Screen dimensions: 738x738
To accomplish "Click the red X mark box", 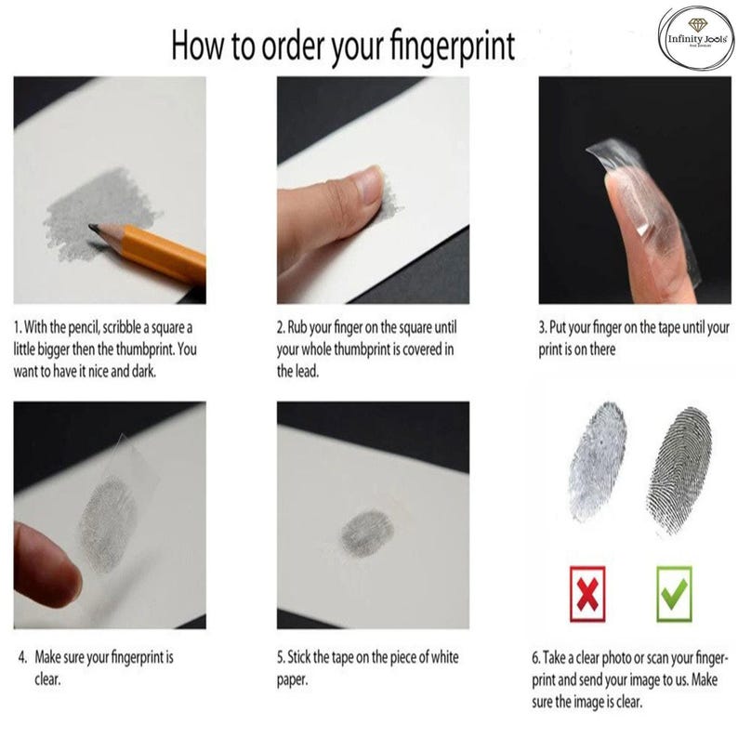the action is (587, 594).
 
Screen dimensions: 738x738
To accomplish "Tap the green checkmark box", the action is (674, 594).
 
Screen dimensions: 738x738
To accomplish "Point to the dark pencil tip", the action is (94, 228).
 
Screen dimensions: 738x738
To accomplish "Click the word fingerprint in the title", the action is (453, 46).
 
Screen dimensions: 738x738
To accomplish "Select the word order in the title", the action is (295, 46).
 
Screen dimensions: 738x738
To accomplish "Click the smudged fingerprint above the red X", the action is (597, 461).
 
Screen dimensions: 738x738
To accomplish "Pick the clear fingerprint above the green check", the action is (679, 470).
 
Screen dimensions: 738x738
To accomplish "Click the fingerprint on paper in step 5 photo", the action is (367, 534).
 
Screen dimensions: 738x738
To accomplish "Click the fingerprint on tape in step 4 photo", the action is (108, 523).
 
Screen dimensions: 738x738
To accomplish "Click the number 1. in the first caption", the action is (18, 327).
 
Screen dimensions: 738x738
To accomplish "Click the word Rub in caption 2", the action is (297, 327).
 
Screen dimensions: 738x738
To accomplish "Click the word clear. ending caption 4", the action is (47, 679).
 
